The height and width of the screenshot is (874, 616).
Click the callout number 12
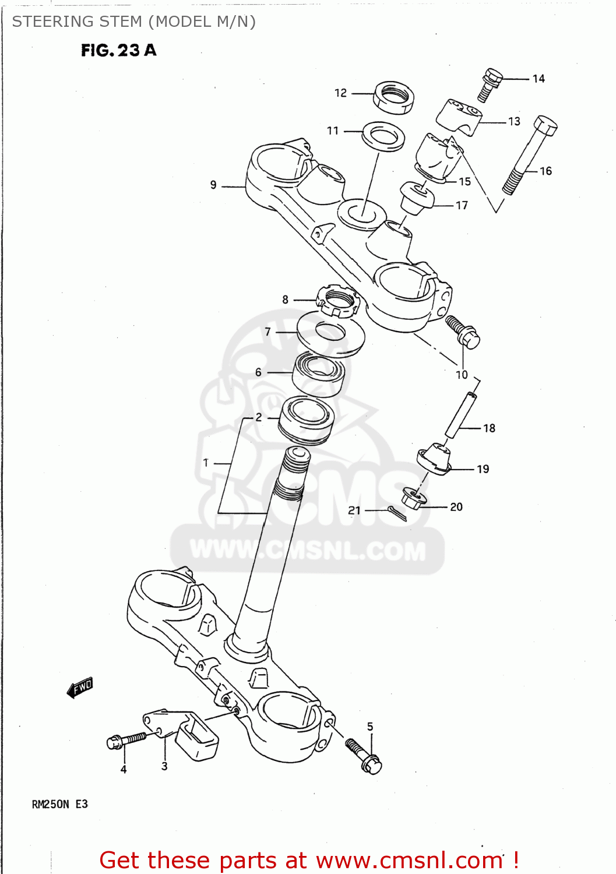click(340, 93)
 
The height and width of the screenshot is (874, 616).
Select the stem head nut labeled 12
click(393, 97)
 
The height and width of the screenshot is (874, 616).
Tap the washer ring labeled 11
click(383, 136)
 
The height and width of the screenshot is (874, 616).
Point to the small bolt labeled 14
click(489, 84)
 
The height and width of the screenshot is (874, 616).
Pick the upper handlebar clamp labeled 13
click(459, 117)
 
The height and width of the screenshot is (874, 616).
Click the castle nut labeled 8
click(337, 301)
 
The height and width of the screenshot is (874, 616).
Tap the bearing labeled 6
click(318, 373)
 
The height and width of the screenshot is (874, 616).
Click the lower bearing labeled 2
click(307, 420)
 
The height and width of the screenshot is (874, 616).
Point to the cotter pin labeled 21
click(397, 513)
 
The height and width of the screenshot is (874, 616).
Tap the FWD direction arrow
click(80, 688)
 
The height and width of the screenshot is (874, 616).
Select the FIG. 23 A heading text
click(119, 51)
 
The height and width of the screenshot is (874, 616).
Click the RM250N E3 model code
click(59, 804)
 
